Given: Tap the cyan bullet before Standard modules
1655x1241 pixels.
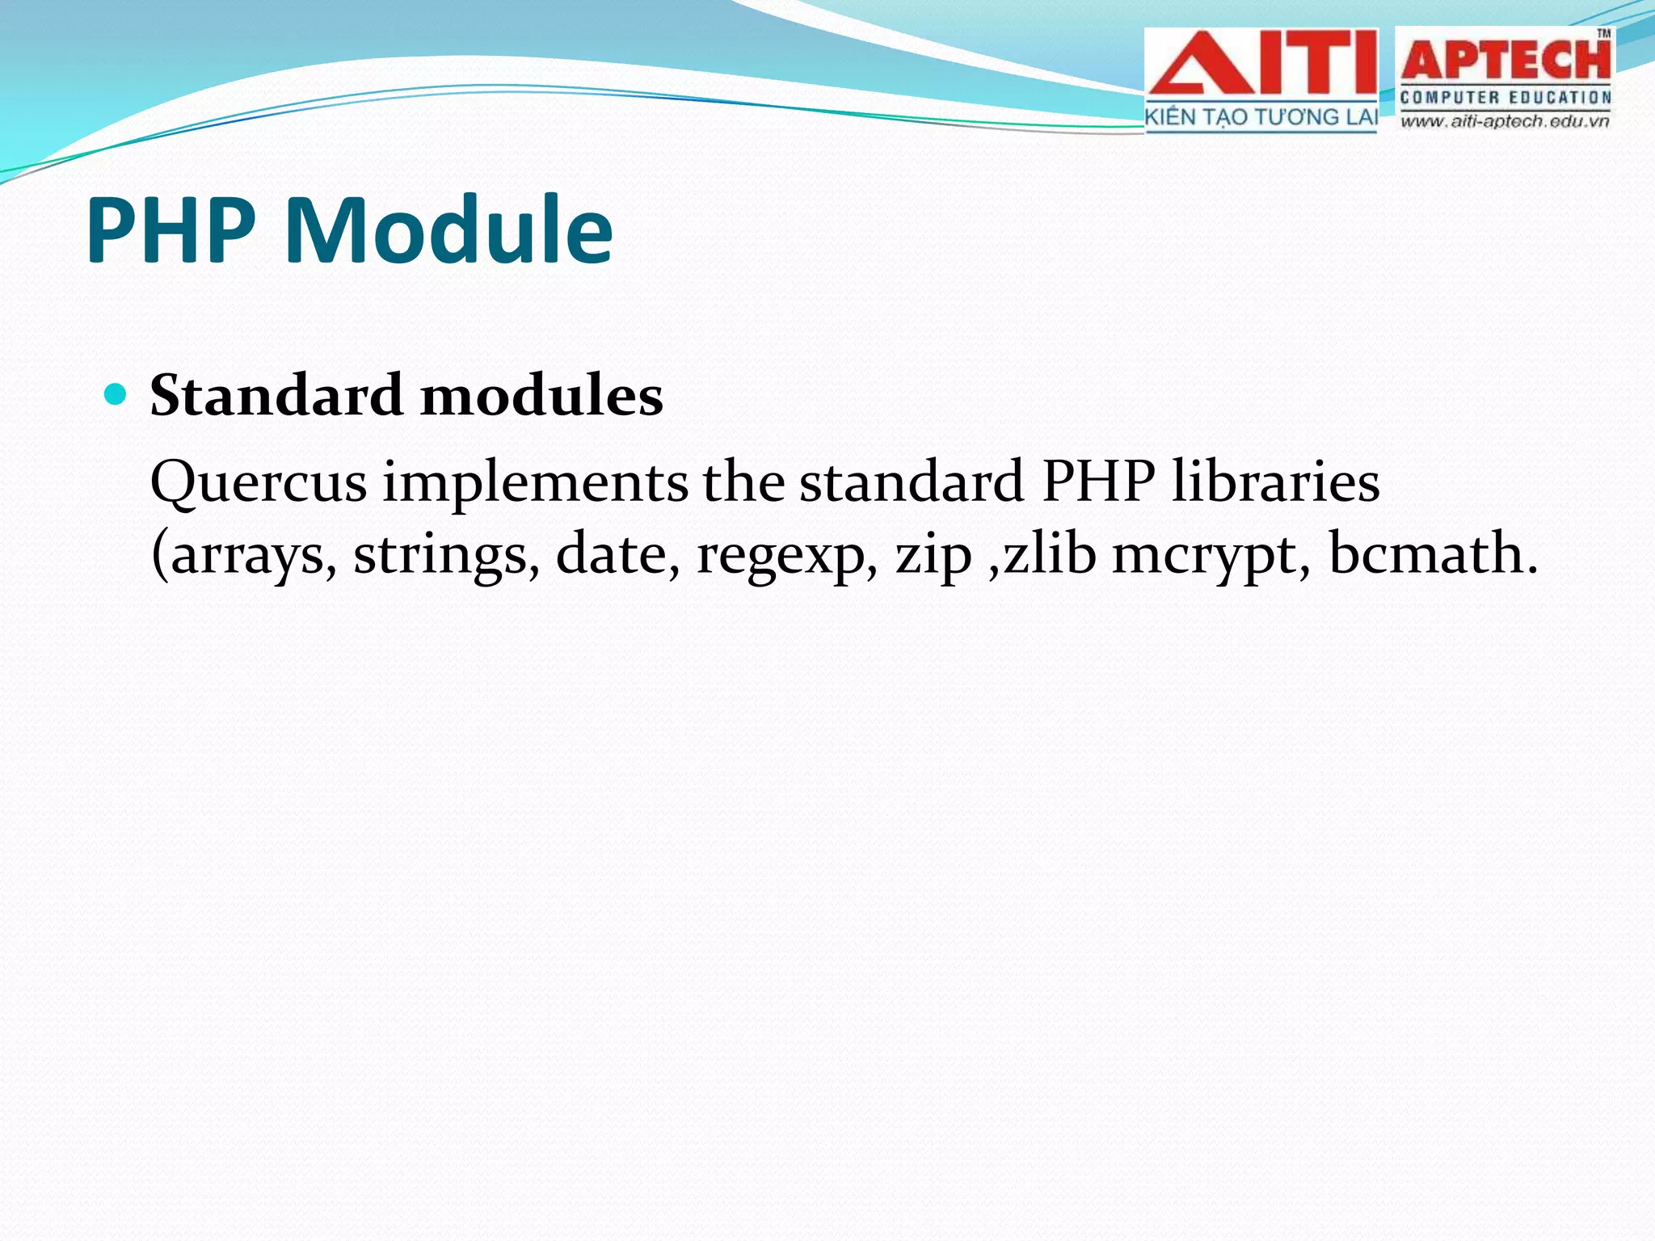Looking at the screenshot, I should pyautogui.click(x=116, y=395).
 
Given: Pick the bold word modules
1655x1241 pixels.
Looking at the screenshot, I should pyautogui.click(x=541, y=396).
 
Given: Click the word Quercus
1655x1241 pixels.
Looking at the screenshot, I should pyautogui.click(x=259, y=483).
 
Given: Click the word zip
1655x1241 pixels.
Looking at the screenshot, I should pyautogui.click(x=933, y=556).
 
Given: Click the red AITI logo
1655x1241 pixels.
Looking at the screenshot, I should pyautogui.click(x=1261, y=65).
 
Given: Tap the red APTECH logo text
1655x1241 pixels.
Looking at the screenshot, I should pyautogui.click(x=1505, y=60).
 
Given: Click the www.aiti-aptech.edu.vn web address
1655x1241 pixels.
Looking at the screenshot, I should pyautogui.click(x=1505, y=122).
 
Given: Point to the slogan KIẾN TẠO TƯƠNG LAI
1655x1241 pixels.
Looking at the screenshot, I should pyautogui.click(x=1261, y=118).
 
